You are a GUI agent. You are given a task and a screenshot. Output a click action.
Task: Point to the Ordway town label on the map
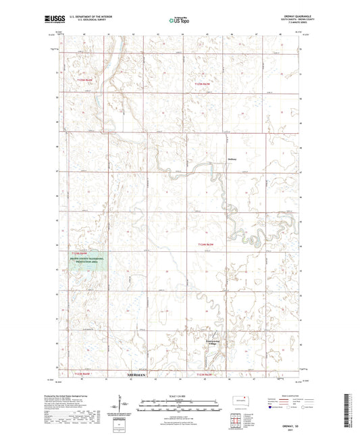232,160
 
